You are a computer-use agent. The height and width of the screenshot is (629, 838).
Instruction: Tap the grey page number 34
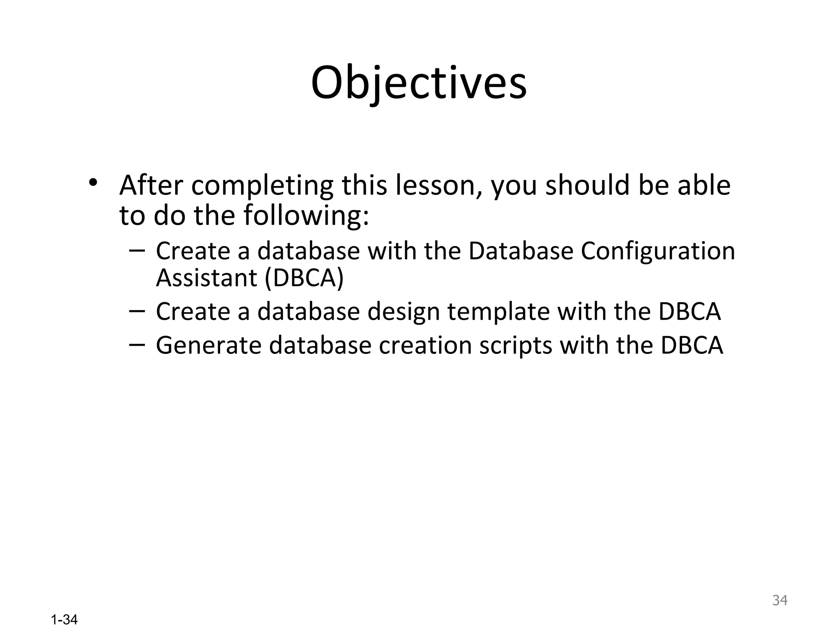tap(779, 600)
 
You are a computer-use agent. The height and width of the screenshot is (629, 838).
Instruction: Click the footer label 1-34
tap(64, 620)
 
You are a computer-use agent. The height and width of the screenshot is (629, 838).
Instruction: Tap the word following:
tap(306, 216)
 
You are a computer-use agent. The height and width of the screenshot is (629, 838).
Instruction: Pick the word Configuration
tap(658, 251)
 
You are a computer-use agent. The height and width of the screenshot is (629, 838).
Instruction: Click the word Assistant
tap(206, 278)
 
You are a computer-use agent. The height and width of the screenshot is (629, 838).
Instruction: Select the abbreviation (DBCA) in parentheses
tap(304, 278)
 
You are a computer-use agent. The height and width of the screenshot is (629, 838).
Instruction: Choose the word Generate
tap(209, 345)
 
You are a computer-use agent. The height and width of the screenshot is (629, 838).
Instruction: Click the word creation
tap(425, 345)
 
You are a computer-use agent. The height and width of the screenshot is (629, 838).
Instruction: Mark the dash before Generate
tap(137, 345)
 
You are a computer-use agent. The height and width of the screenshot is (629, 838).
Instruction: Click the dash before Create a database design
tap(137, 311)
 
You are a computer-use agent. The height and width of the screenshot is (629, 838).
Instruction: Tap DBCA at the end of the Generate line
tap(692, 345)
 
